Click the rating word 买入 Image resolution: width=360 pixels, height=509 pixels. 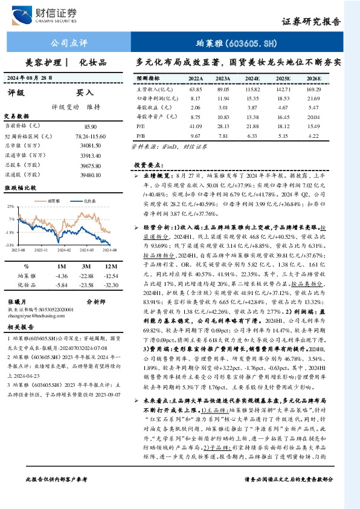coord(85,93)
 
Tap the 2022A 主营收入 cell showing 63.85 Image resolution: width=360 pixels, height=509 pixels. coord(195,88)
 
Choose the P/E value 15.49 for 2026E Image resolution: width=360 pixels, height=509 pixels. coord(313,125)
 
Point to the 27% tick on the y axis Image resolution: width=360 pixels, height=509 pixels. coord(10,206)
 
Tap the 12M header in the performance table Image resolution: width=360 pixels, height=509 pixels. coord(110,265)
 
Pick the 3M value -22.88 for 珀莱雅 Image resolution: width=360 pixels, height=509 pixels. coord(86,276)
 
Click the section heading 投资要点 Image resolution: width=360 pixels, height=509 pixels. coord(149,164)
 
